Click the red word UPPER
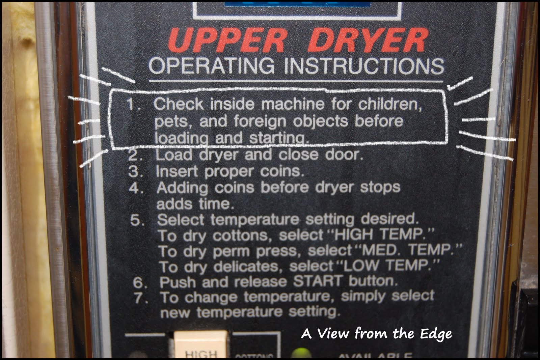click(227, 41)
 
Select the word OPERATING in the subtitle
click(212, 65)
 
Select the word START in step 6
click(317, 281)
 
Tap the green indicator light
click(301, 354)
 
